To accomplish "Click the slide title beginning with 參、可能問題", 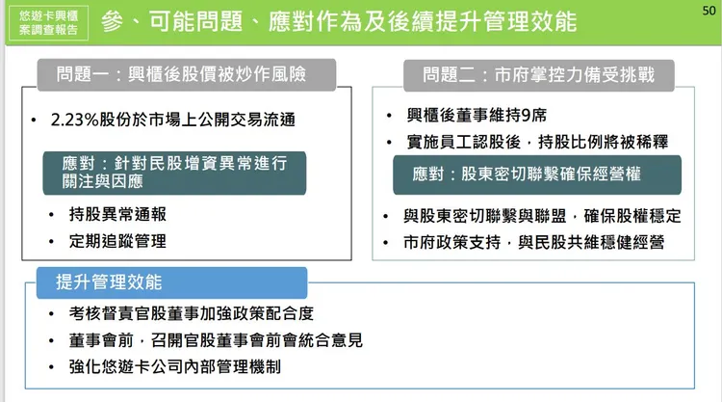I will (x=338, y=21).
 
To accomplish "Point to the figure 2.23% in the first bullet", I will (x=79, y=121).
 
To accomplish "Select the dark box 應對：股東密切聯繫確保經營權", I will (x=536, y=175).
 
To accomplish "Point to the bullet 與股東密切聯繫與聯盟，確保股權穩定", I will (x=543, y=216).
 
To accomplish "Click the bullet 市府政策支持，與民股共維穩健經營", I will (x=534, y=243).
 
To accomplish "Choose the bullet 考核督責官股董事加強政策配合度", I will (x=192, y=314).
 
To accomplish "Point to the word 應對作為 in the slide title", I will (x=324, y=21).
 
